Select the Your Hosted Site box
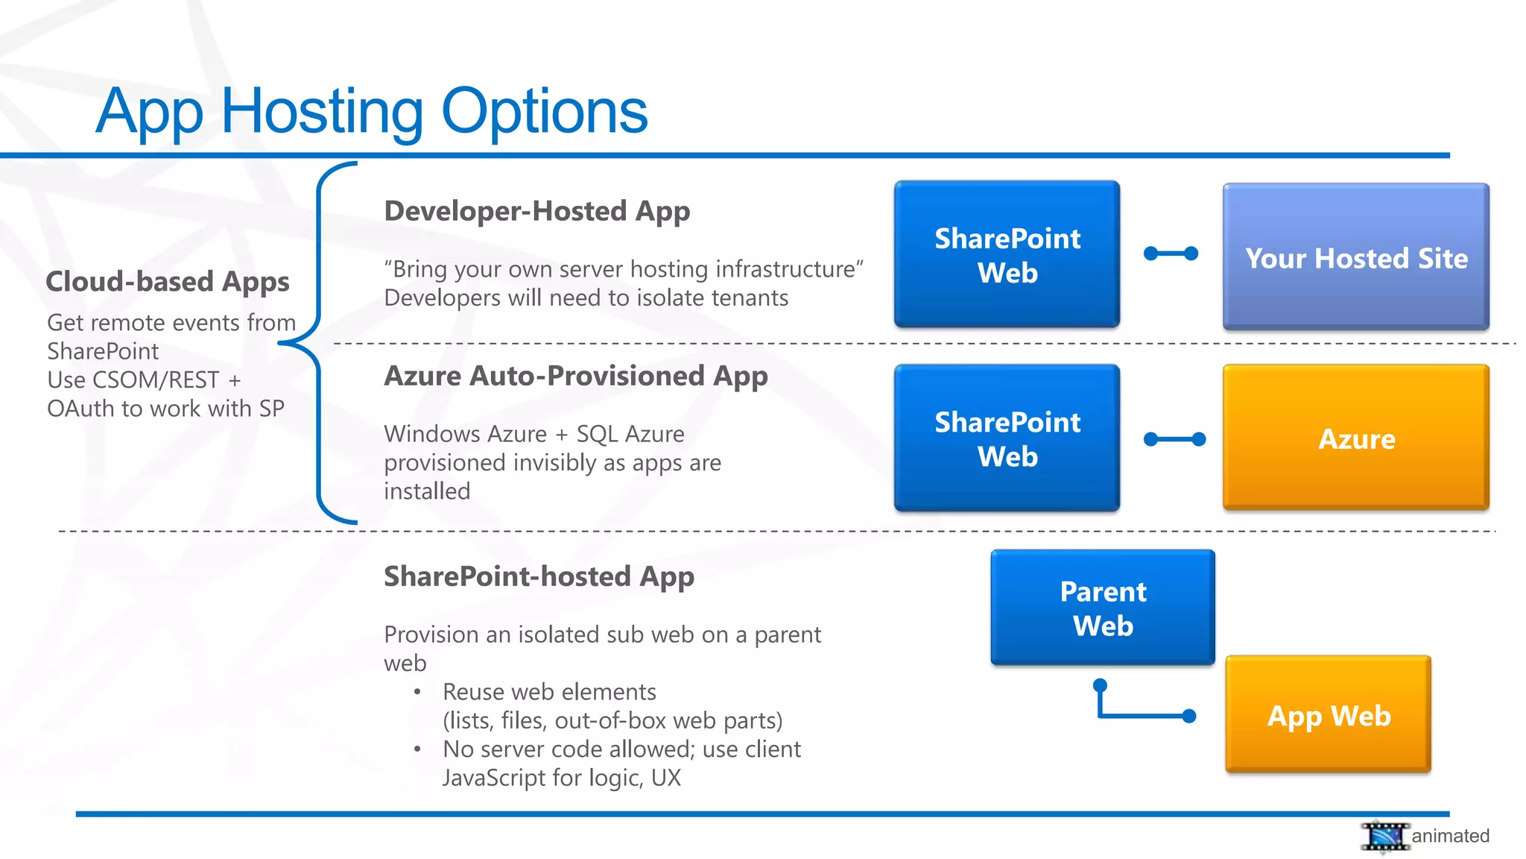1355,257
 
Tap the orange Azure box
1355,438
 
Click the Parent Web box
1102,608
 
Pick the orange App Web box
1328,715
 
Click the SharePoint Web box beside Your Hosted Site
1007,254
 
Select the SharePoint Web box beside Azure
1007,438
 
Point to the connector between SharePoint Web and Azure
1174,439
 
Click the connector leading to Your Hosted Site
1171,254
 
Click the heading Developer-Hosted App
536,211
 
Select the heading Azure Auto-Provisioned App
575,376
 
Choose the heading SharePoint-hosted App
539,576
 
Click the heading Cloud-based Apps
168,282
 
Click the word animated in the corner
1450,836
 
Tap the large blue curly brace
319,343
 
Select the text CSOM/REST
156,380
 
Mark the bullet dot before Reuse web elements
417,692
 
